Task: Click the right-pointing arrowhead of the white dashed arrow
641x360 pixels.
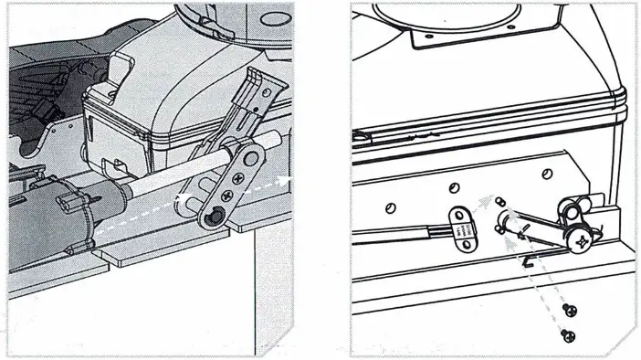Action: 290,179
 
